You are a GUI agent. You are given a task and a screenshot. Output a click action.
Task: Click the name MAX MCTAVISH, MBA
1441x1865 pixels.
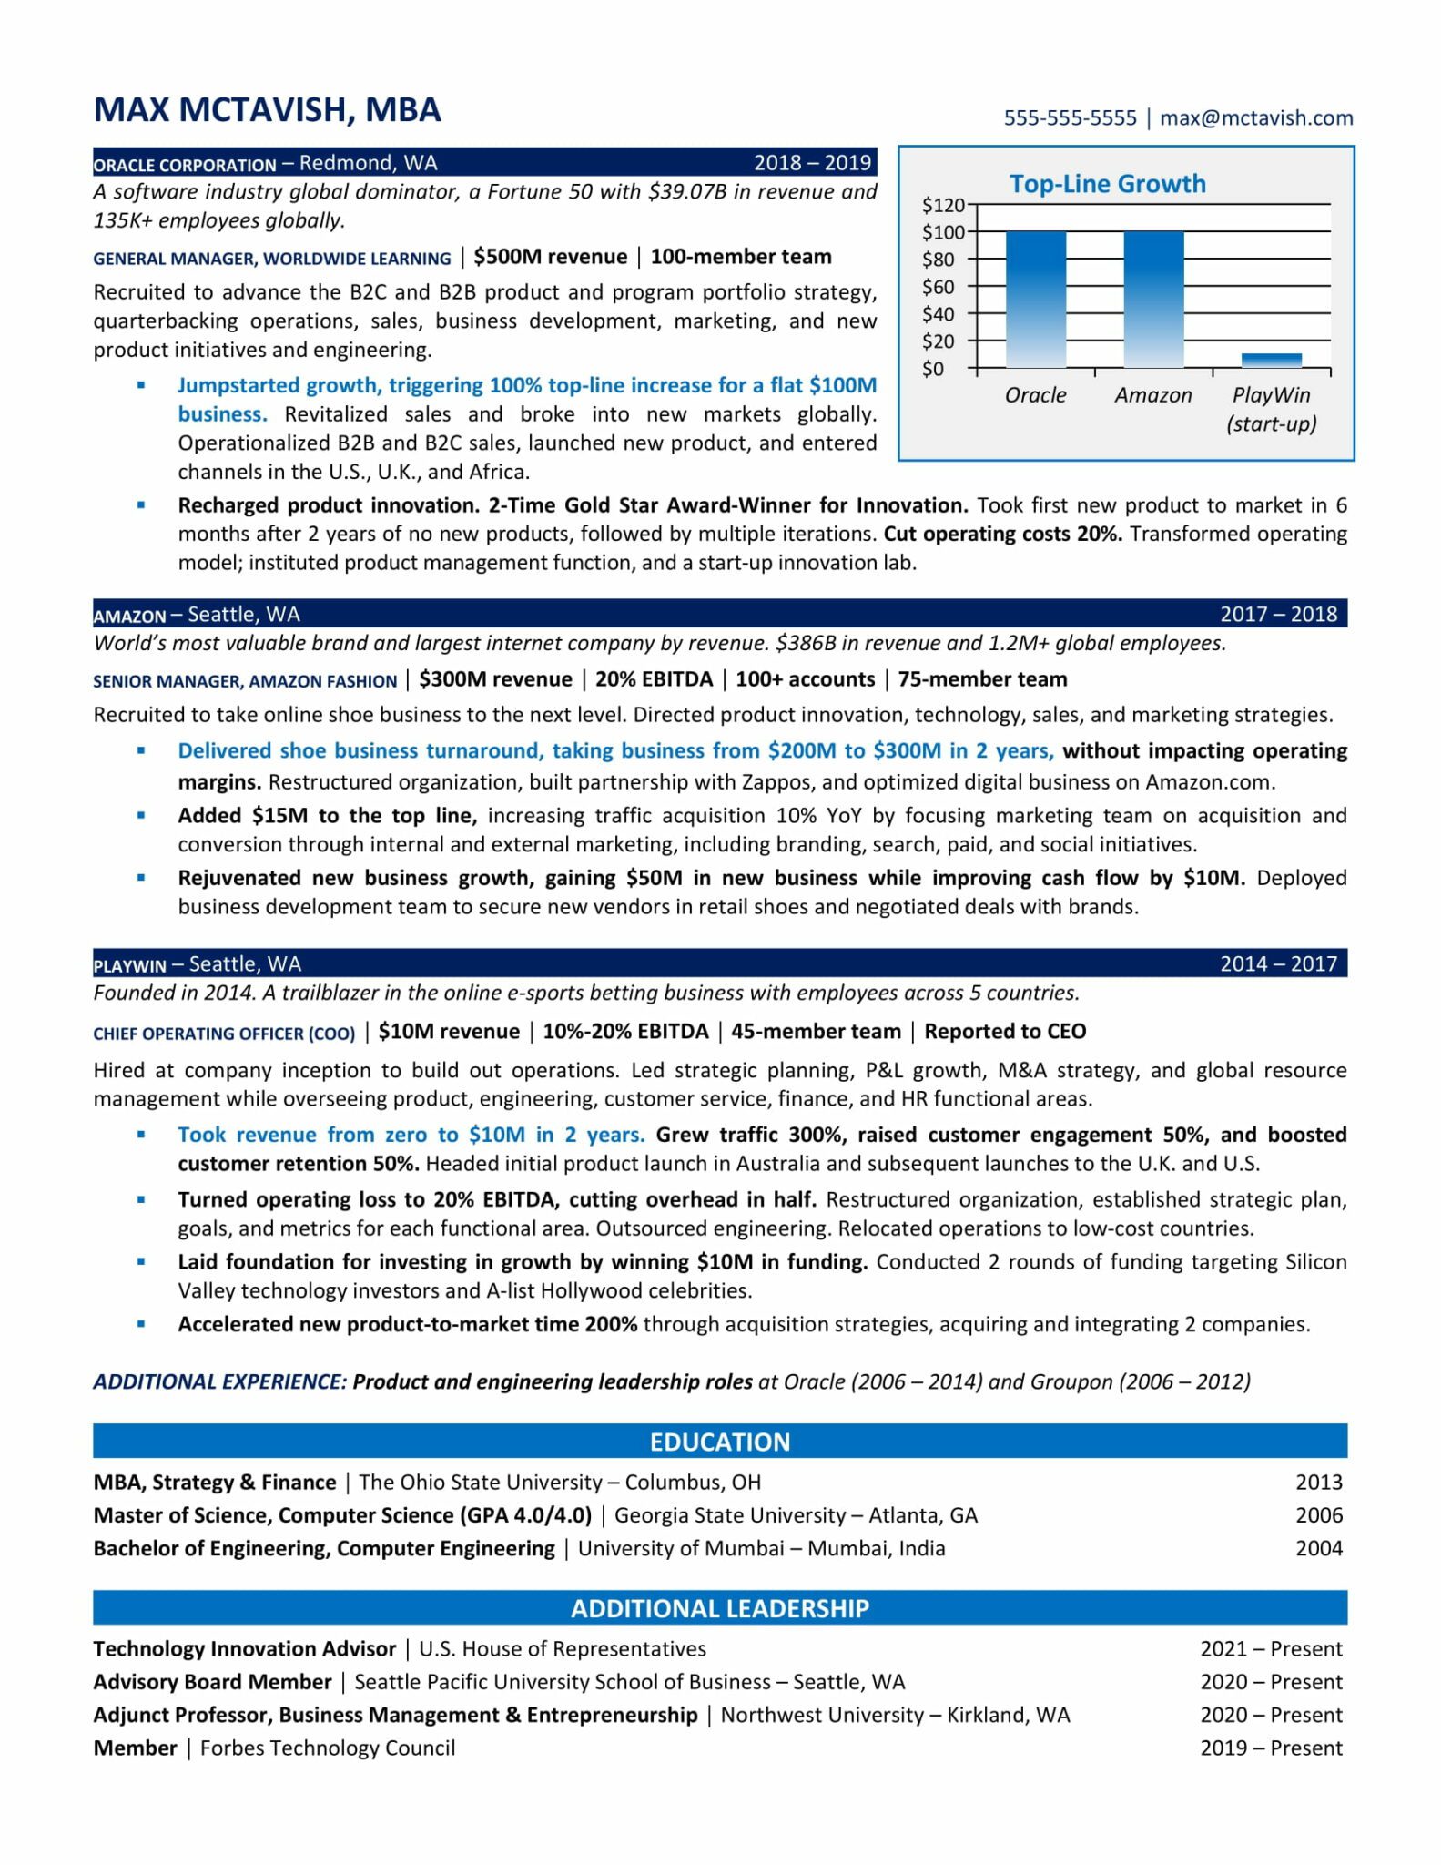tap(267, 110)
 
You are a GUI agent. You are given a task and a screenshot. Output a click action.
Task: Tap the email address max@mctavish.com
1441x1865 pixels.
tap(1256, 118)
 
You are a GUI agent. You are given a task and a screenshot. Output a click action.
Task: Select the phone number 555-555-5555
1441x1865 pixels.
tap(1070, 118)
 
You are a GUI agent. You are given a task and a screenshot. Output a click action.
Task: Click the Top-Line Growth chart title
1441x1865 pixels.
tap(1107, 184)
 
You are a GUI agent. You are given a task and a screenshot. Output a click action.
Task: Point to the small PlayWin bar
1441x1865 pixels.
tap(1271, 360)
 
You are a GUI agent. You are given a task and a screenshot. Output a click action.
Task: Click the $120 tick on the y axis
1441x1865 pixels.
tap(943, 205)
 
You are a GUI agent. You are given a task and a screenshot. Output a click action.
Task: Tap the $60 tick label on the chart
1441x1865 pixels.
tap(938, 287)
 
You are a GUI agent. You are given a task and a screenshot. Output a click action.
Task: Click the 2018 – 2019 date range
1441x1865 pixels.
tap(812, 163)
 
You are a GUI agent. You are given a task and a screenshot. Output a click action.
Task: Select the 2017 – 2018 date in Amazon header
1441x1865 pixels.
tap(1278, 614)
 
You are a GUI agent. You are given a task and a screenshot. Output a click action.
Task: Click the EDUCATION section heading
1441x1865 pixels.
tap(719, 1442)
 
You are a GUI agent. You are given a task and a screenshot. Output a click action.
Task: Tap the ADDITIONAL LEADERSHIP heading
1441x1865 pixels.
tap(719, 1607)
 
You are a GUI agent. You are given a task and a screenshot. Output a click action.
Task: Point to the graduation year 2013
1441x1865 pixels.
tap(1318, 1482)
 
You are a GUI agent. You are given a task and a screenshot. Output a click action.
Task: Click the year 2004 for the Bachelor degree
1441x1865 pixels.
tap(1318, 1548)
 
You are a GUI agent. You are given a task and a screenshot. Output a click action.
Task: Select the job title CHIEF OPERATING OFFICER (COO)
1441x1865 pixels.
tap(224, 1034)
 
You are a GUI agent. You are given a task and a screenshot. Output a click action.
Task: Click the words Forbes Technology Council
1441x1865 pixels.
tap(328, 1748)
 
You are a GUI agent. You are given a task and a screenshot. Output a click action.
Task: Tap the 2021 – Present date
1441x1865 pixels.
tap(1271, 1648)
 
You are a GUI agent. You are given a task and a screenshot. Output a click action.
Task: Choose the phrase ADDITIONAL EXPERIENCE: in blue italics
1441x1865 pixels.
tap(219, 1381)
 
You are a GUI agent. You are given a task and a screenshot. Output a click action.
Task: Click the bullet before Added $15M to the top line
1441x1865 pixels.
tap(140, 816)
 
